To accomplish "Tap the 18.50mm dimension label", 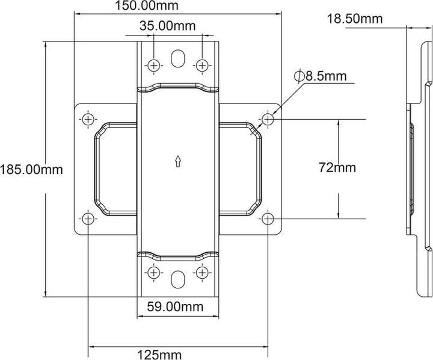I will [355, 19].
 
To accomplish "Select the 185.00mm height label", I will [31, 169].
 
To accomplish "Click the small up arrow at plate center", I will [177, 161].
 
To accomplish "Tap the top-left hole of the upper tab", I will [154, 64].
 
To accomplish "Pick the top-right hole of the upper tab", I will [201, 64].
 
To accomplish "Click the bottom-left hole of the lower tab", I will [154, 273].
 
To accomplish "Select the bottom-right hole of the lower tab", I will [201, 273].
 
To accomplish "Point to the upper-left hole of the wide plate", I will [88, 119].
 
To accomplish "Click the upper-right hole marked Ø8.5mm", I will [268, 119].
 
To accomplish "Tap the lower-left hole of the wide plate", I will [88, 218].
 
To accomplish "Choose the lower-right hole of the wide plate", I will [268, 218].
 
